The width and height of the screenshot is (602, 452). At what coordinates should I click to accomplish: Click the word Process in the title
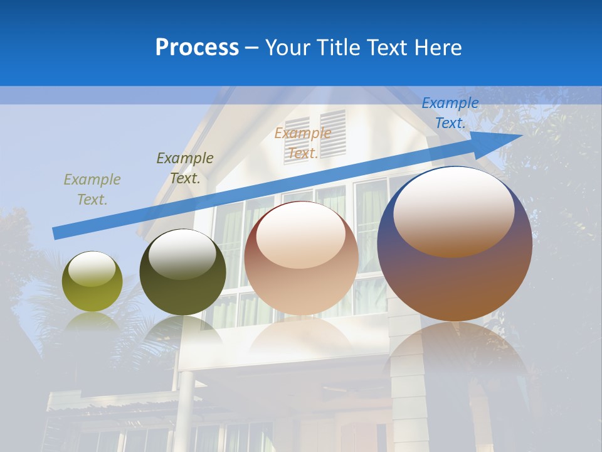coord(197,48)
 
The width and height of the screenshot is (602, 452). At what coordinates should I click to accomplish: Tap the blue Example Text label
coord(450,113)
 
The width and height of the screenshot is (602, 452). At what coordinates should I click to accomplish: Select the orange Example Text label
coord(302,143)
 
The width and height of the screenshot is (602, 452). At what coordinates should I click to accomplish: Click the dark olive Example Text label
coord(184,168)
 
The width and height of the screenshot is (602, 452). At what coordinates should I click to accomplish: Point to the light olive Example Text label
coord(92,190)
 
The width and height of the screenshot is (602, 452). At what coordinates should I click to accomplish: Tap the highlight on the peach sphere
coord(300,235)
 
